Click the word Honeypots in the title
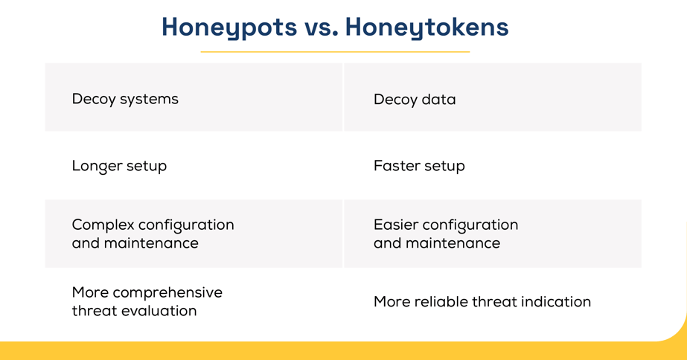tap(229, 28)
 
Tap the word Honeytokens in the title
tap(426, 28)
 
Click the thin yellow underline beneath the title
tap(335, 52)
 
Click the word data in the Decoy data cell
tap(439, 100)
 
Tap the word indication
tap(556, 302)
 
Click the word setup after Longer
tap(147, 166)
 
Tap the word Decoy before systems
tap(92, 99)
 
